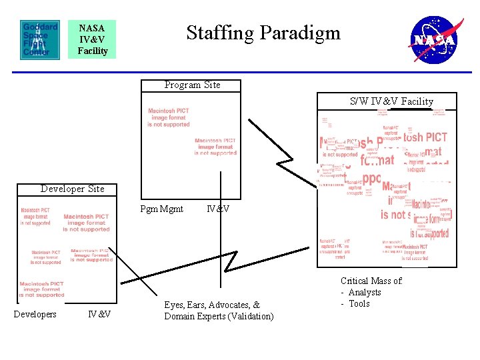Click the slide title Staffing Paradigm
[x=263, y=33]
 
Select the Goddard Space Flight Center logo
[x=40, y=39]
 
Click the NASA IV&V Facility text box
[x=92, y=39]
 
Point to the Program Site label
[x=192, y=85]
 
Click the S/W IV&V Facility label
[x=391, y=101]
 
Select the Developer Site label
[x=72, y=189]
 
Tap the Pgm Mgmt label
[x=162, y=209]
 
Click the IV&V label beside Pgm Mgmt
[x=218, y=209]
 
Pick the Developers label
[x=35, y=314]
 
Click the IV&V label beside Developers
[x=99, y=314]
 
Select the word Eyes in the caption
[x=175, y=305]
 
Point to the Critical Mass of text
[x=371, y=281]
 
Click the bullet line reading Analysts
[x=364, y=292]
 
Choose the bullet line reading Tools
[x=359, y=303]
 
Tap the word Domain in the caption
[x=179, y=316]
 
